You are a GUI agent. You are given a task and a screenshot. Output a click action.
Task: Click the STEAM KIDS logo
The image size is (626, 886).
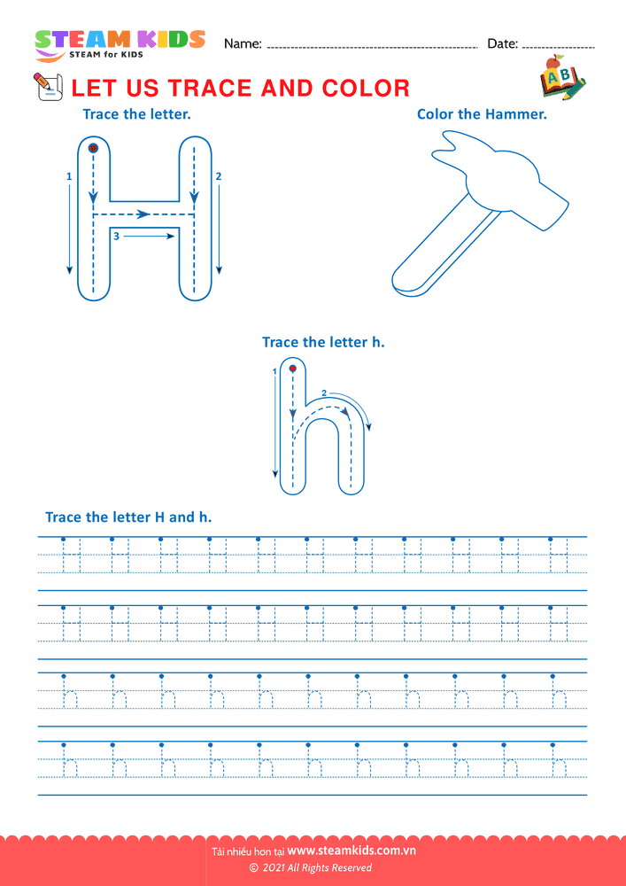point(120,43)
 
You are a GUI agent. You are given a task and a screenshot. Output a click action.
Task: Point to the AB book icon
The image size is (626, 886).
point(562,77)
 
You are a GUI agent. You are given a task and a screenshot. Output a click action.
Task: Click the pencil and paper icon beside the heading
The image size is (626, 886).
point(49,87)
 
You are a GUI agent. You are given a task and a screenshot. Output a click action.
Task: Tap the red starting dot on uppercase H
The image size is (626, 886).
point(94,148)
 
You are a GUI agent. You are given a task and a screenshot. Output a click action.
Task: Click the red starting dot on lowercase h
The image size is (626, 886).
point(292,369)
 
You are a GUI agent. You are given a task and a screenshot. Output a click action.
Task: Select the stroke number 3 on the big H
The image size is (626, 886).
point(116,237)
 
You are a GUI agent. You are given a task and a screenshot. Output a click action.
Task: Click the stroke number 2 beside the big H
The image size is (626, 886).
point(219,176)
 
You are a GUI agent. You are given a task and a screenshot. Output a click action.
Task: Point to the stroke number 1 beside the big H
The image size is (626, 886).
point(69,176)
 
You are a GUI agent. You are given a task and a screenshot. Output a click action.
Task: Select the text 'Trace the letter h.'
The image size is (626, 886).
point(323,342)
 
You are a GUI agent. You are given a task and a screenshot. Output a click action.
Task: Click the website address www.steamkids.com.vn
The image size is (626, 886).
point(352,851)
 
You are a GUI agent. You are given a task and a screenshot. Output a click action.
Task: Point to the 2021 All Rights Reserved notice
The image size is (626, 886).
point(311,867)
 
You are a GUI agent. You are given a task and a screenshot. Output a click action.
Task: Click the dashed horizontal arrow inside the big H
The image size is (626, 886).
point(144,214)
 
